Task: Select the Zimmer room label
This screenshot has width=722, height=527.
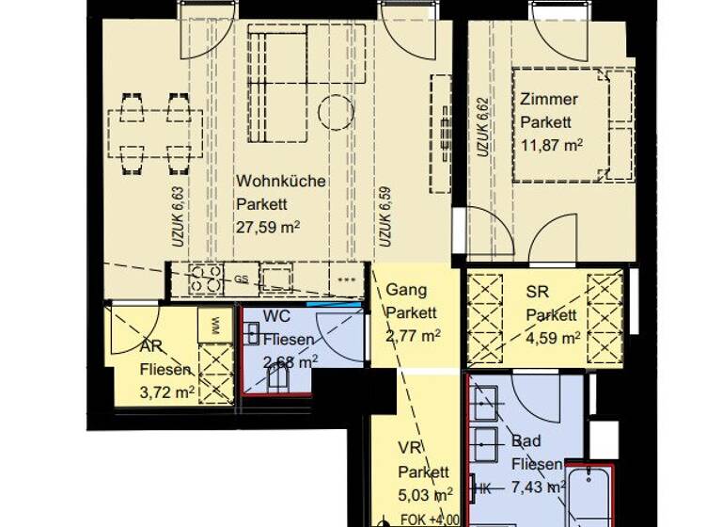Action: tap(549, 99)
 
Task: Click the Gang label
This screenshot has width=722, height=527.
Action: tap(406, 290)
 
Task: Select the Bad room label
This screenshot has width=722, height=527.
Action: tap(526, 440)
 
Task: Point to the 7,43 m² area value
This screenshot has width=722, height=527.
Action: tap(538, 487)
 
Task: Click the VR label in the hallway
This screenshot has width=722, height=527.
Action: tap(408, 448)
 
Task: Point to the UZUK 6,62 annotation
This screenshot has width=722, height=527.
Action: tap(481, 129)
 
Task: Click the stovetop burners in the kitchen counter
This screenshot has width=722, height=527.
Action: tap(206, 278)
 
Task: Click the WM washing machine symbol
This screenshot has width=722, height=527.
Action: tap(215, 327)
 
